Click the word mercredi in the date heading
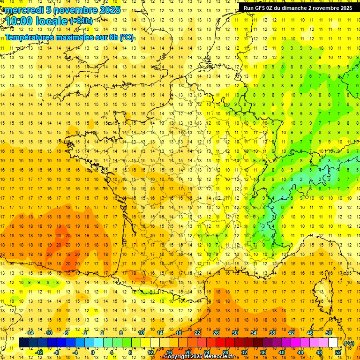click(x=23, y=10)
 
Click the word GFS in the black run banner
click(x=261, y=8)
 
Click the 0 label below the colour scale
click(x=92, y=352)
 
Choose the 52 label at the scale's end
click(x=338, y=352)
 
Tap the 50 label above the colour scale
click(x=329, y=333)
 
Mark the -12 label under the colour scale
click(x=40, y=352)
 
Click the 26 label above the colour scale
click(x=216, y=333)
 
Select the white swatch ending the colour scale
click(x=333, y=343)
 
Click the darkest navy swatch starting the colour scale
click(x=23, y=343)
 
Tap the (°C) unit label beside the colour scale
click(x=349, y=343)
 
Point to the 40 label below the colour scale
click(x=282, y=352)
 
